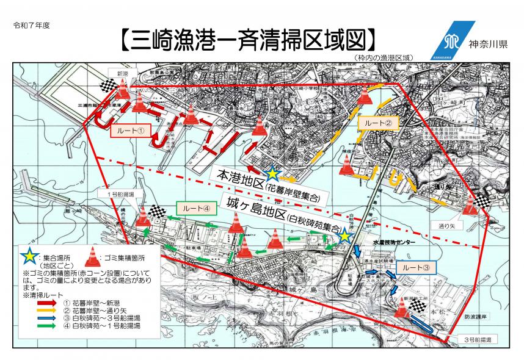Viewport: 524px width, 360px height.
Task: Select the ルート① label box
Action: click(x=131, y=130)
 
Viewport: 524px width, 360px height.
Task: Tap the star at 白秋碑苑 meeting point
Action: click(x=345, y=236)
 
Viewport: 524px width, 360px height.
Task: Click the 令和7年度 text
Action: click(x=31, y=27)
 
